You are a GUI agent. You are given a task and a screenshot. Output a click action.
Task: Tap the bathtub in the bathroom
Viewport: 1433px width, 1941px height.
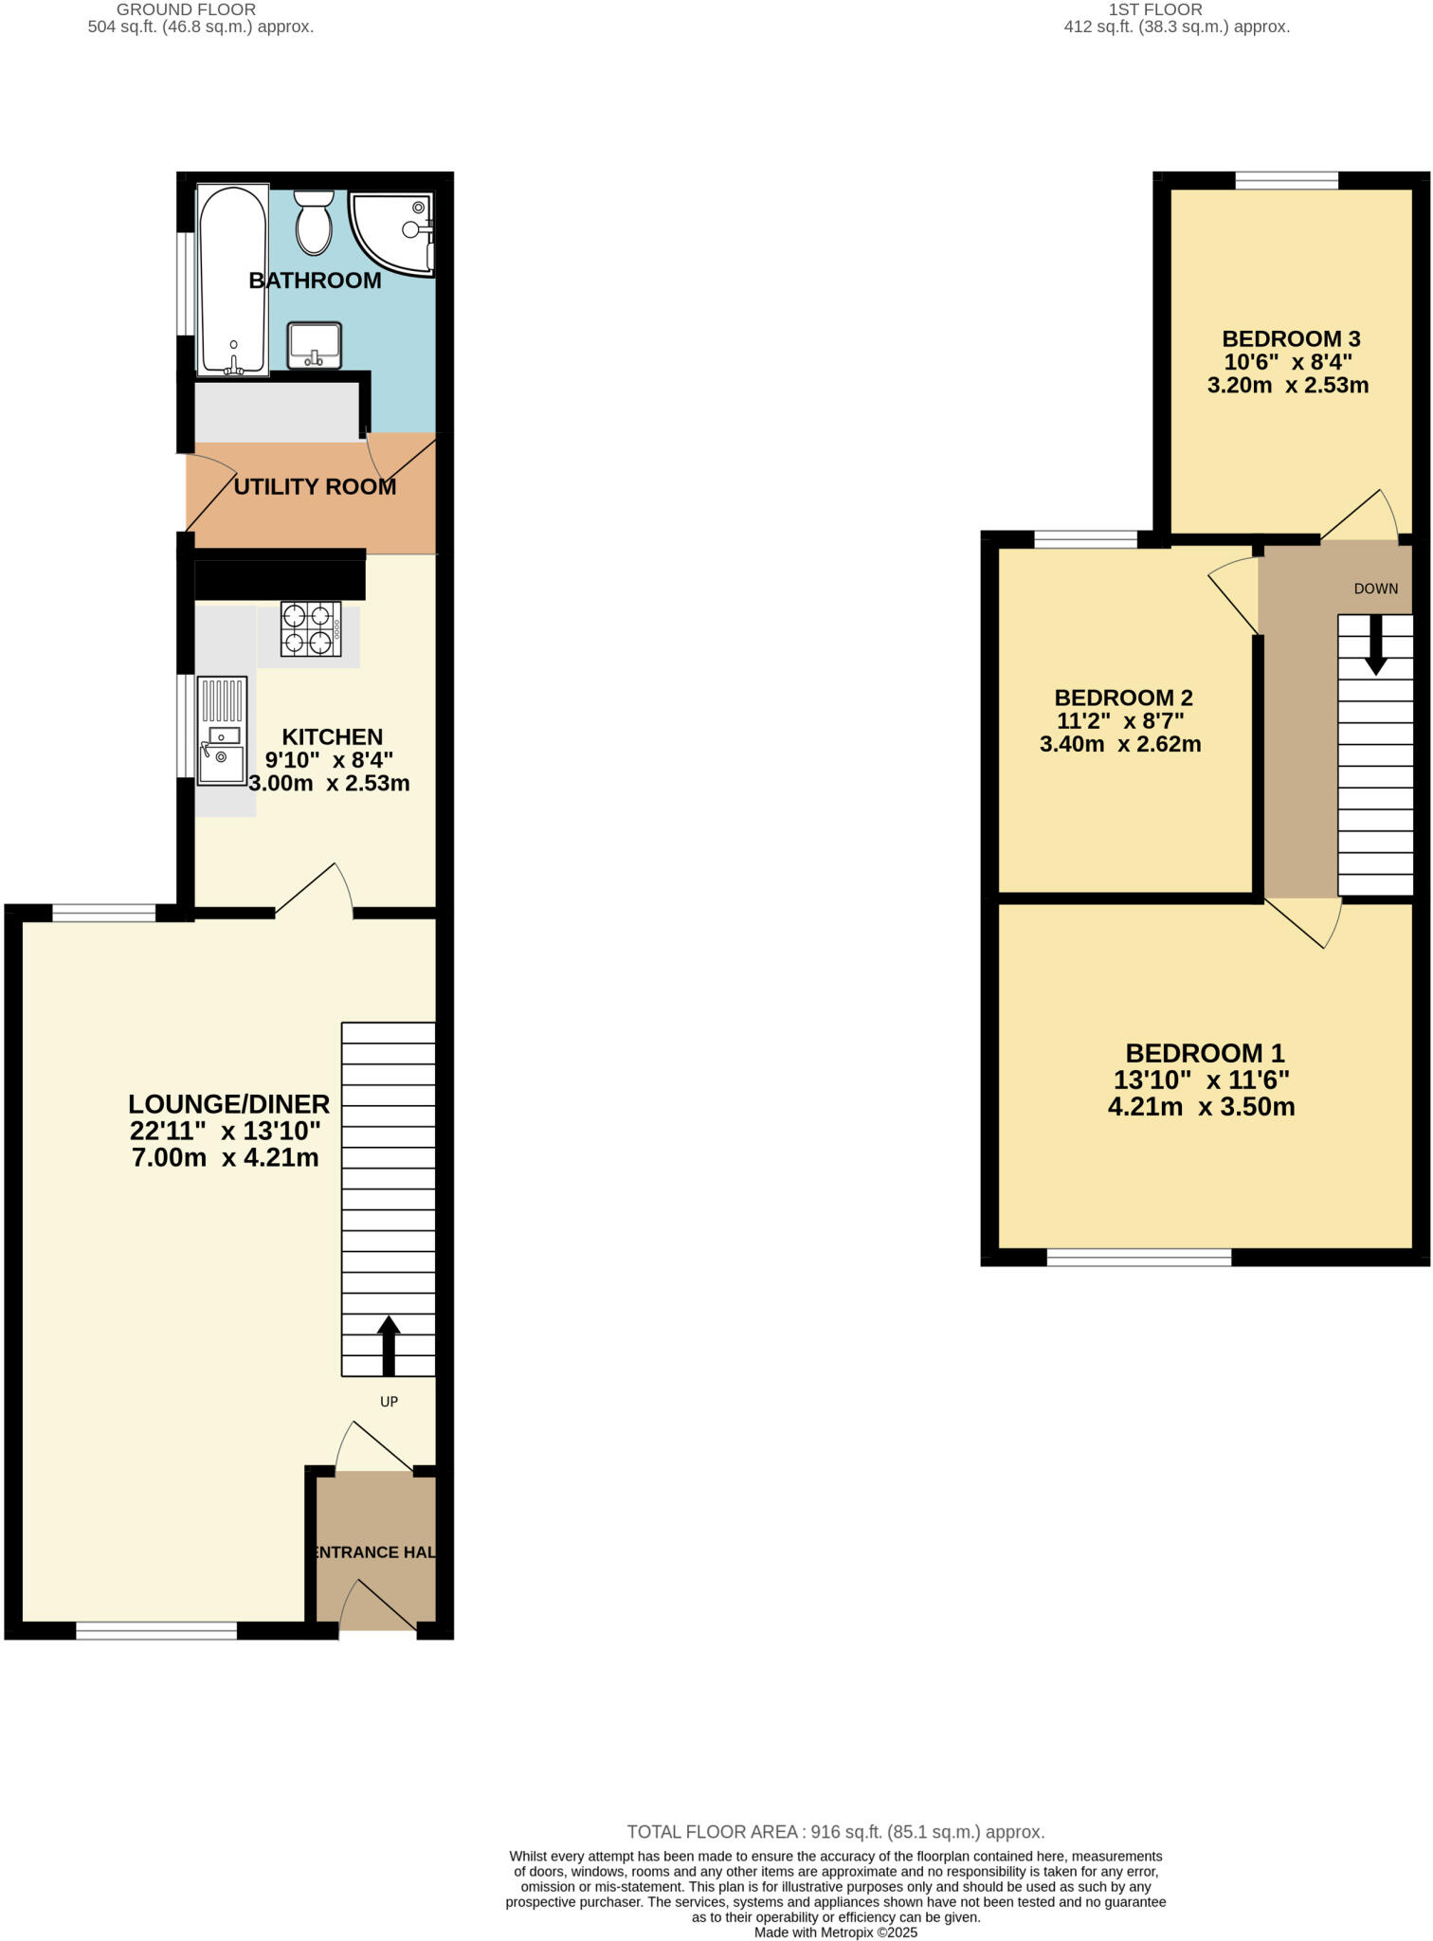pos(233,280)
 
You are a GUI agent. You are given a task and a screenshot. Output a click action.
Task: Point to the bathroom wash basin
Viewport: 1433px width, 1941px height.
pos(315,345)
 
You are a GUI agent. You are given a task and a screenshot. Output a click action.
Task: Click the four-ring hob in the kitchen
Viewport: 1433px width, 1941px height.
pos(311,629)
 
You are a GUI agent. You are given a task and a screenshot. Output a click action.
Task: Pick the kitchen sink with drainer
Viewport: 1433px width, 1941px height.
pos(222,731)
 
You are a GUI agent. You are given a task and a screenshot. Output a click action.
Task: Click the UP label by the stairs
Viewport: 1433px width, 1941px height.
pos(389,1402)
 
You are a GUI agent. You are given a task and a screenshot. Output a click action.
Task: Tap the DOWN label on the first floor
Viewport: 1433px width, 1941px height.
pos(1375,589)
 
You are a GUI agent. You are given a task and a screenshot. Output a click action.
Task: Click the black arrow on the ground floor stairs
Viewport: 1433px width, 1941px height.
pos(389,1345)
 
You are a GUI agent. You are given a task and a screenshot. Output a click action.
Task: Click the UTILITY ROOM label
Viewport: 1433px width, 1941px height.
pos(315,487)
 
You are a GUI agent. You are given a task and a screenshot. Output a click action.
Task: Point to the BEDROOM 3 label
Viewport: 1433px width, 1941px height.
pos(1291,338)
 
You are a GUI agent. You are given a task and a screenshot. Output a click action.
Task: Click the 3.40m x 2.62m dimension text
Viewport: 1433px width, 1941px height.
pos(1120,745)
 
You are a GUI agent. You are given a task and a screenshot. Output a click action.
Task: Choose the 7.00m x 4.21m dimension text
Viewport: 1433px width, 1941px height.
pos(226,1157)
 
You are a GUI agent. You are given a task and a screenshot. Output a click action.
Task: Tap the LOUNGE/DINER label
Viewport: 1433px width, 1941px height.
pos(229,1104)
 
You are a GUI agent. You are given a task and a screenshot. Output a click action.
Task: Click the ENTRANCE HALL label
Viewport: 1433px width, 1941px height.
pos(375,1552)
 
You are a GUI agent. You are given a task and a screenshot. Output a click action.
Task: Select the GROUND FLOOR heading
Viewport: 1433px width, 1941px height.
pos(186,9)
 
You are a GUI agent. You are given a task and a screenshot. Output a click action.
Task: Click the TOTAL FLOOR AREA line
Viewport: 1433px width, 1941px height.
pos(835,1832)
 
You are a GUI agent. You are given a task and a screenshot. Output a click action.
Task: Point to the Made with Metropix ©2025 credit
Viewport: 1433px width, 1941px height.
pos(835,1932)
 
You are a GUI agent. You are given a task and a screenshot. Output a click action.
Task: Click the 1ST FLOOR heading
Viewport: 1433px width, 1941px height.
pos(1155,9)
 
